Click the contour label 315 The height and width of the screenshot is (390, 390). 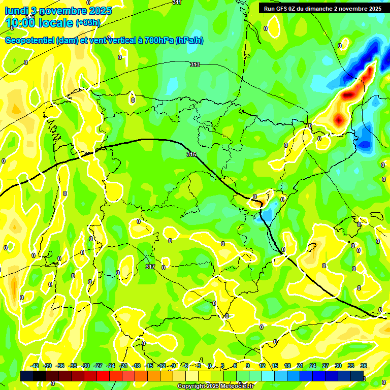[191, 154]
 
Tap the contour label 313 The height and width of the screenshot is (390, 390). [195, 64]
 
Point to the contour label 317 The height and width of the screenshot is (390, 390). [150, 266]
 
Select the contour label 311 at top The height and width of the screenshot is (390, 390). [177, 3]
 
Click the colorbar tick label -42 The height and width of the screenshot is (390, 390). [35, 366]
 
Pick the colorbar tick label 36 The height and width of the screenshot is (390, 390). [364, 366]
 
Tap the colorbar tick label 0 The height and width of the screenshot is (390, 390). [210, 366]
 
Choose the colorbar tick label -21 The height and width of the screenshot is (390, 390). [123, 366]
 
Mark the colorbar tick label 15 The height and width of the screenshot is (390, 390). [274, 366]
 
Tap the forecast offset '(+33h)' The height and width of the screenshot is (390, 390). [88, 22]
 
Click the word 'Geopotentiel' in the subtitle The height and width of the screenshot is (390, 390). [30, 41]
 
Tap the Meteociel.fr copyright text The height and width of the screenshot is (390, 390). [215, 386]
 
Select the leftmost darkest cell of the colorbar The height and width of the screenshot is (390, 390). [27, 376]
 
